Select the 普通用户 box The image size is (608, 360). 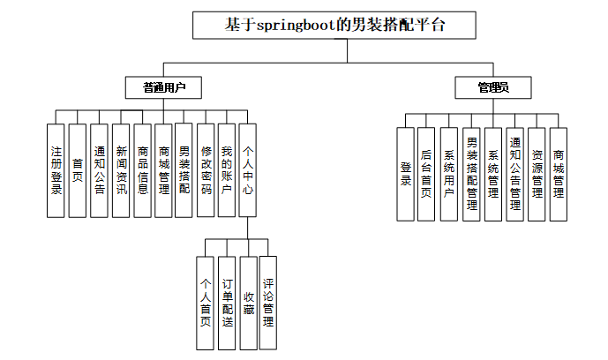pyautogui.click(x=163, y=87)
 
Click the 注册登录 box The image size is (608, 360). pyautogui.click(x=56, y=169)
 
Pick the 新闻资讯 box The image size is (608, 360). pyautogui.click(x=121, y=169)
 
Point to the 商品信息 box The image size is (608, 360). pyautogui.click(x=142, y=169)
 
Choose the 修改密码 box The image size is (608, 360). pyautogui.click(x=206, y=169)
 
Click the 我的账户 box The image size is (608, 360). pyautogui.click(x=227, y=169)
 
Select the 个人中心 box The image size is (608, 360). pyautogui.click(x=248, y=169)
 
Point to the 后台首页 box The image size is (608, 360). pyautogui.click(x=427, y=174)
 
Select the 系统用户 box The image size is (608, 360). pyautogui.click(x=449, y=174)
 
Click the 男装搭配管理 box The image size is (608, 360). pyautogui.click(x=471, y=174)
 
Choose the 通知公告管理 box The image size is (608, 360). pyautogui.click(x=514, y=174)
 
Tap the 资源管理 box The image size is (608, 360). pyautogui.click(x=537, y=174)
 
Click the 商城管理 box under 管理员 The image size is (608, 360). pyautogui.click(x=558, y=174)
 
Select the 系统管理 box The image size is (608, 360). pyautogui.click(x=493, y=174)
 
